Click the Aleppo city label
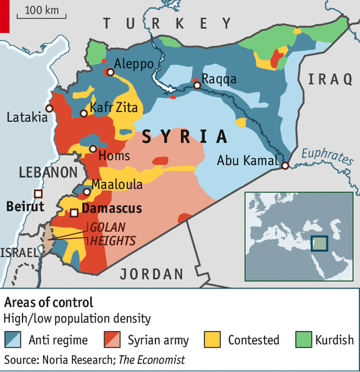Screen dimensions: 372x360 [134, 64]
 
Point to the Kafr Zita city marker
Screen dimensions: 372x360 [84, 113]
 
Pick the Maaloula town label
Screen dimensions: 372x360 [117, 184]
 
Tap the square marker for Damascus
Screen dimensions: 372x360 [74, 213]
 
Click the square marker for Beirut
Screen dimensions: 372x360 [38, 193]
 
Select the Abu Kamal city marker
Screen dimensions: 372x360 [285, 166]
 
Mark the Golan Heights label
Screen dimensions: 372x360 [112, 234]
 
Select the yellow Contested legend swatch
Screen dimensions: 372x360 [213, 340]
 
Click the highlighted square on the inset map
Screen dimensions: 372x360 [319, 243]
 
